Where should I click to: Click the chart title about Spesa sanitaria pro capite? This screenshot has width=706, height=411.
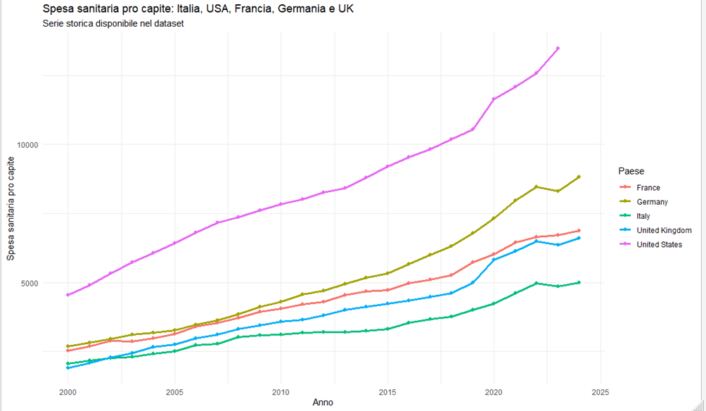(198, 8)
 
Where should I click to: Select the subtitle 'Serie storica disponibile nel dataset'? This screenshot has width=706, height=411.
(113, 23)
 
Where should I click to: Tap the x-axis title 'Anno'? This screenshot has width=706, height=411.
(323, 403)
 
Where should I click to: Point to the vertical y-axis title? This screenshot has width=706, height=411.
(11, 208)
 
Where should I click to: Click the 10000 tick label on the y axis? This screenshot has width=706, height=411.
(28, 145)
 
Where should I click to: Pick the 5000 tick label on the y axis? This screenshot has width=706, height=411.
(30, 283)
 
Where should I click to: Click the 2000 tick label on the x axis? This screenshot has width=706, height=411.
(68, 392)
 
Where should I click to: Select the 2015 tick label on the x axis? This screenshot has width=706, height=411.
(387, 392)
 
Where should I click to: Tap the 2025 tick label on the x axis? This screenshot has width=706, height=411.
(601, 392)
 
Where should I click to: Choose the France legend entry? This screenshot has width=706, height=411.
(640, 187)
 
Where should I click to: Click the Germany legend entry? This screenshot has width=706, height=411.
(644, 202)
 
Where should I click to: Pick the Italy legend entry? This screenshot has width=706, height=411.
(635, 216)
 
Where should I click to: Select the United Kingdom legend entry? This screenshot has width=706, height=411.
(655, 230)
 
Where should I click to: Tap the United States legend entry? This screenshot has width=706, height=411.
(651, 244)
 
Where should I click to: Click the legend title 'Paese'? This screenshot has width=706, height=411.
(631, 171)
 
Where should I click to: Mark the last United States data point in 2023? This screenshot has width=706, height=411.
(558, 49)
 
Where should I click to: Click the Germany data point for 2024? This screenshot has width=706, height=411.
(579, 177)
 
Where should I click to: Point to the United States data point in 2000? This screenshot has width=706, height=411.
(68, 295)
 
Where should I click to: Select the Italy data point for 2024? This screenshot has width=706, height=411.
(579, 283)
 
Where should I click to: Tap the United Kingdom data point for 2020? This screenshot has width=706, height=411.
(494, 260)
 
